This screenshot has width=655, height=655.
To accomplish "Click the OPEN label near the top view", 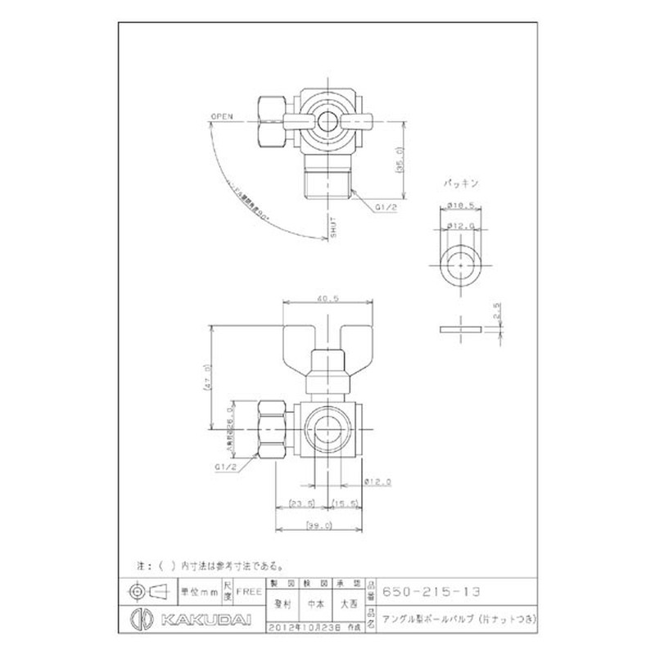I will [x=222, y=117].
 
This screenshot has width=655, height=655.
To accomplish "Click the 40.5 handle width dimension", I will [x=332, y=299].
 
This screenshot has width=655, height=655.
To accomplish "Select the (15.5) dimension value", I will [x=343, y=504].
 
